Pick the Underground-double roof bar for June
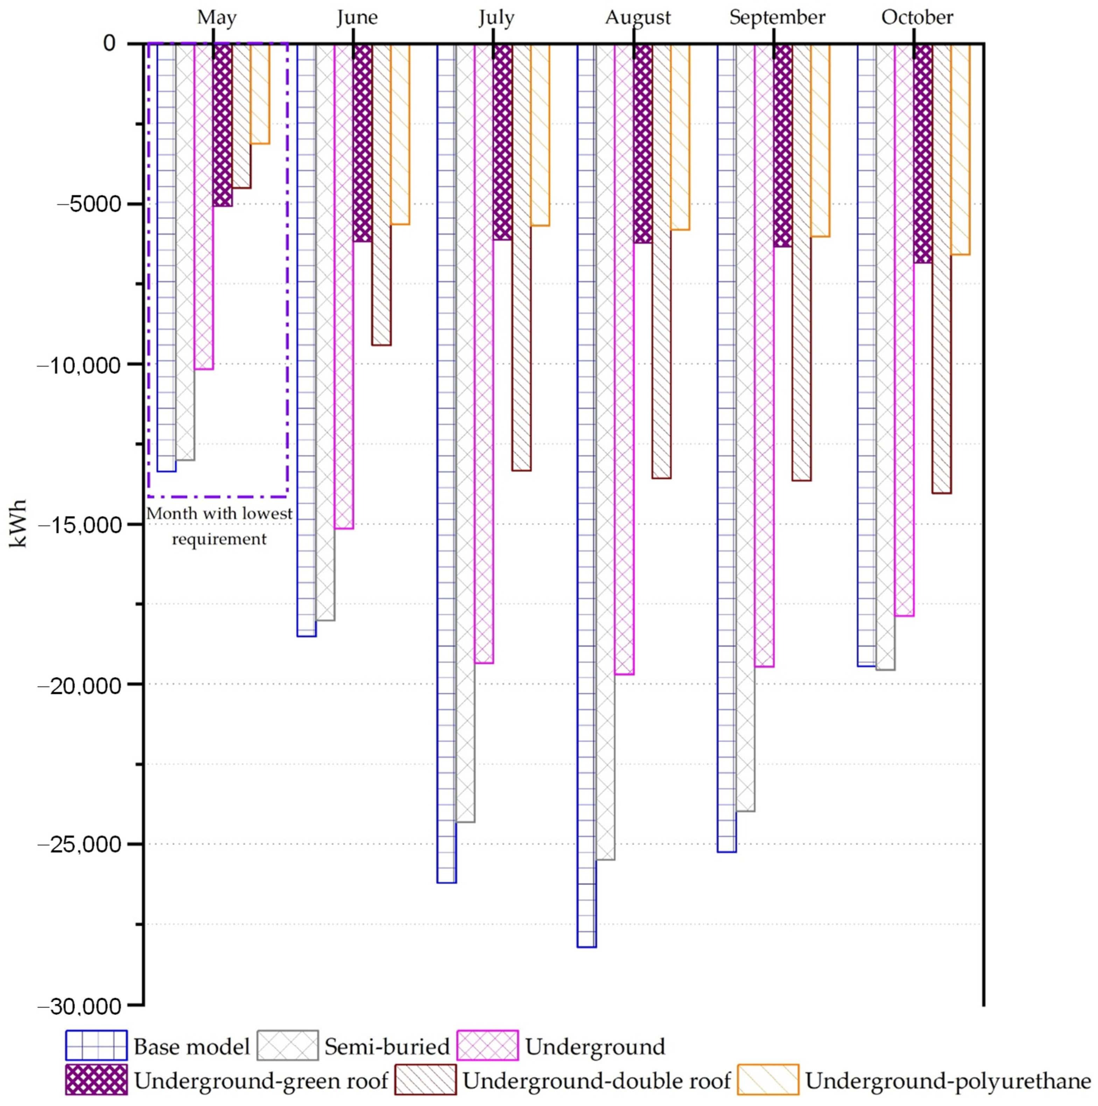[x=382, y=195]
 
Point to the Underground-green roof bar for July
[x=502, y=142]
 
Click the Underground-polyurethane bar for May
[x=260, y=93]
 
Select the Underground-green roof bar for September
[x=783, y=145]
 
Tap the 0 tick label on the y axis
[x=109, y=43]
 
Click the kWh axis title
[x=18, y=524]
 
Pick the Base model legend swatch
[x=96, y=1046]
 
